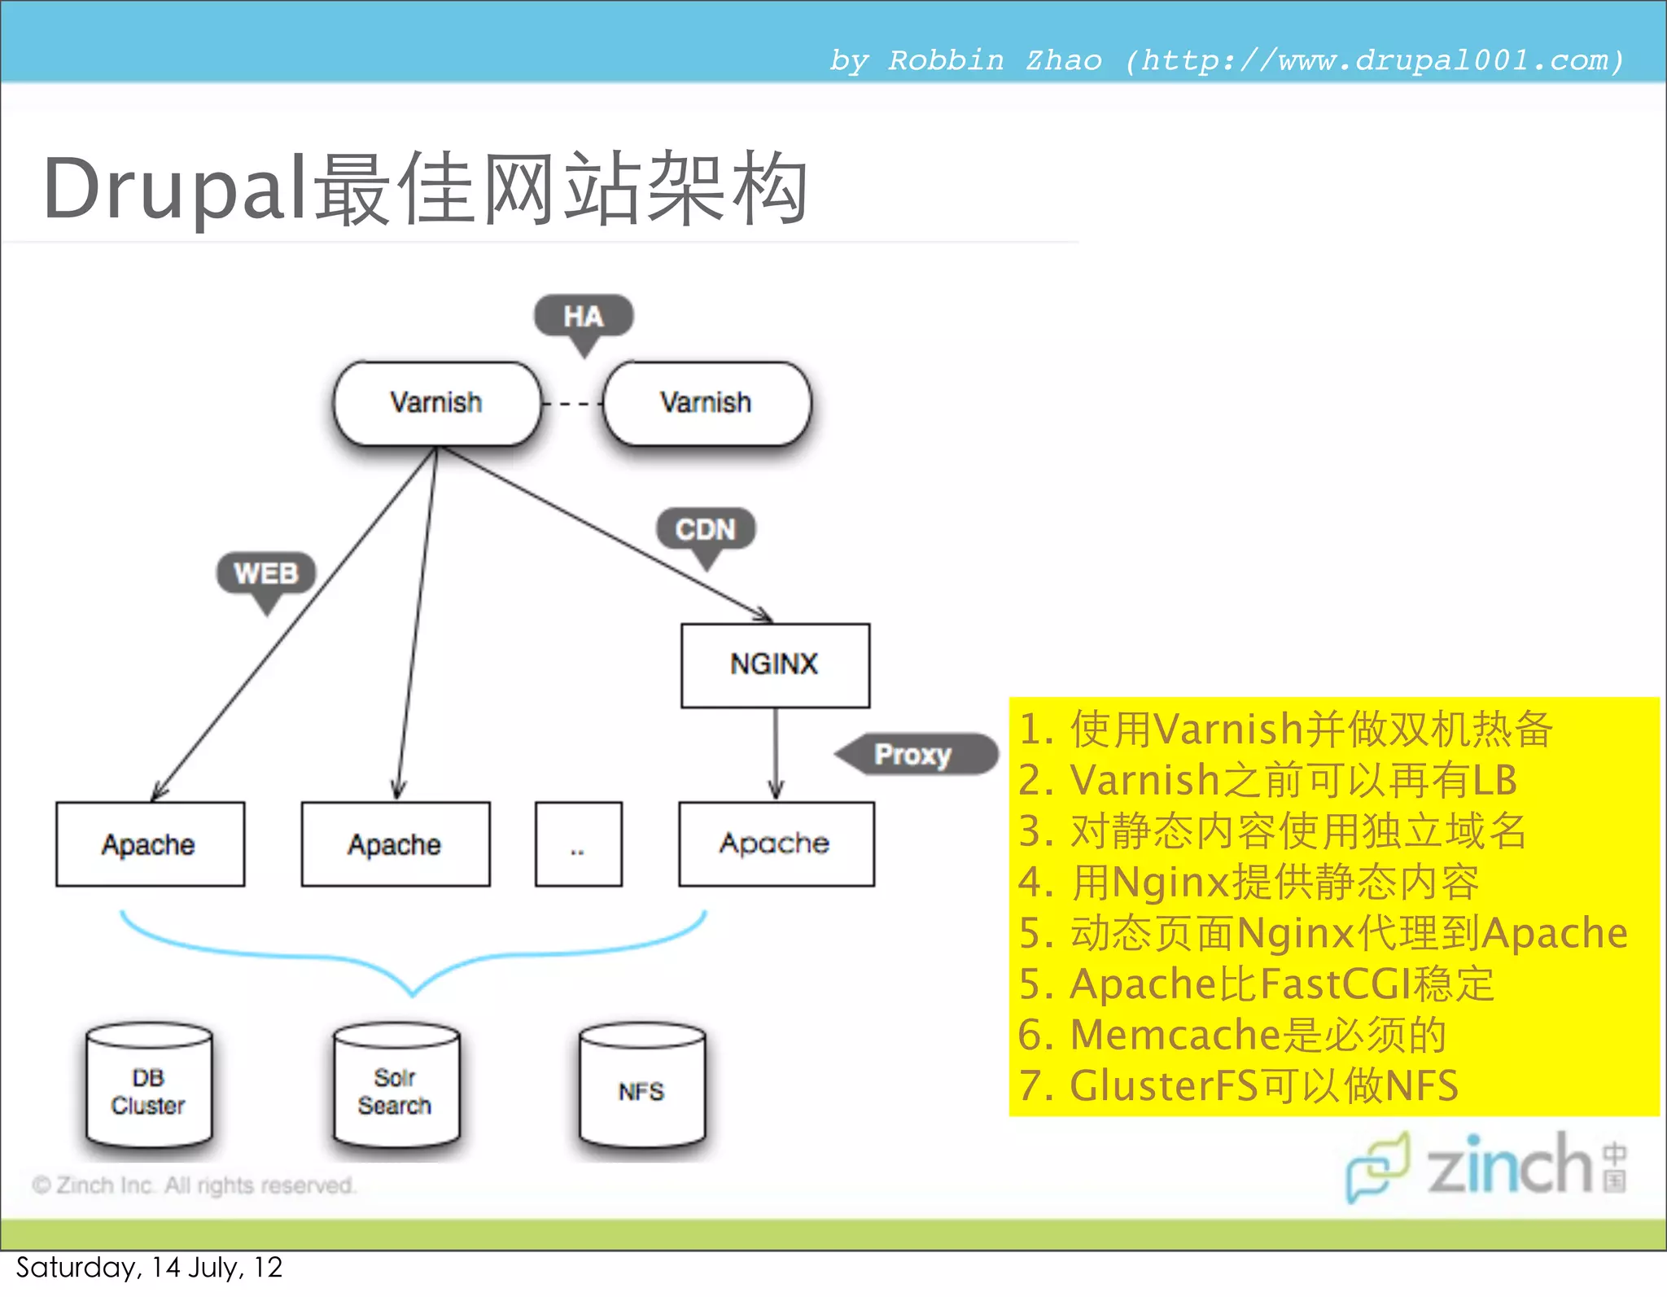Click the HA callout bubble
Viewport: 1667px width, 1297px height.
(583, 316)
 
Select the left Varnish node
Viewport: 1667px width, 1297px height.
(437, 403)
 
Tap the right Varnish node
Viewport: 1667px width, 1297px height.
(707, 403)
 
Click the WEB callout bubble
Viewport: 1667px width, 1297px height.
(265, 573)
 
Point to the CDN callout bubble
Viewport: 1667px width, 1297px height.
(706, 529)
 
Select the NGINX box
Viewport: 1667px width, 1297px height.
(775, 665)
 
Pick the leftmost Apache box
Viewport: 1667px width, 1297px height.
(150, 844)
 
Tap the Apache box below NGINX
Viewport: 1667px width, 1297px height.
(776, 843)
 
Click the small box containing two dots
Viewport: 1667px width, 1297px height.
(578, 844)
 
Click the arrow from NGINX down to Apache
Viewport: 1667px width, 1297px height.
(776, 754)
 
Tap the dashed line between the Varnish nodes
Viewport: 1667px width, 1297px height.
(572, 404)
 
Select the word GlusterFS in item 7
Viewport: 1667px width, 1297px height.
(1162, 1086)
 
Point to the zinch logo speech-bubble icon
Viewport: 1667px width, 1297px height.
(1377, 1165)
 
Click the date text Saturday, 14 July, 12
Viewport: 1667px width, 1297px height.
(149, 1268)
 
